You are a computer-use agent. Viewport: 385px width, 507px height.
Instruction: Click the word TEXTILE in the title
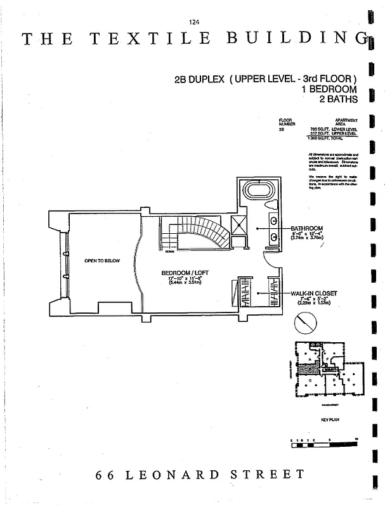(x=150, y=39)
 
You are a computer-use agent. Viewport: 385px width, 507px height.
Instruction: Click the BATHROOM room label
(x=307, y=228)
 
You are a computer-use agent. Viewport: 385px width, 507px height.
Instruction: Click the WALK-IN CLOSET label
(x=314, y=293)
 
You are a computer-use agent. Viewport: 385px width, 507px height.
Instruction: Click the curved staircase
(x=203, y=233)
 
